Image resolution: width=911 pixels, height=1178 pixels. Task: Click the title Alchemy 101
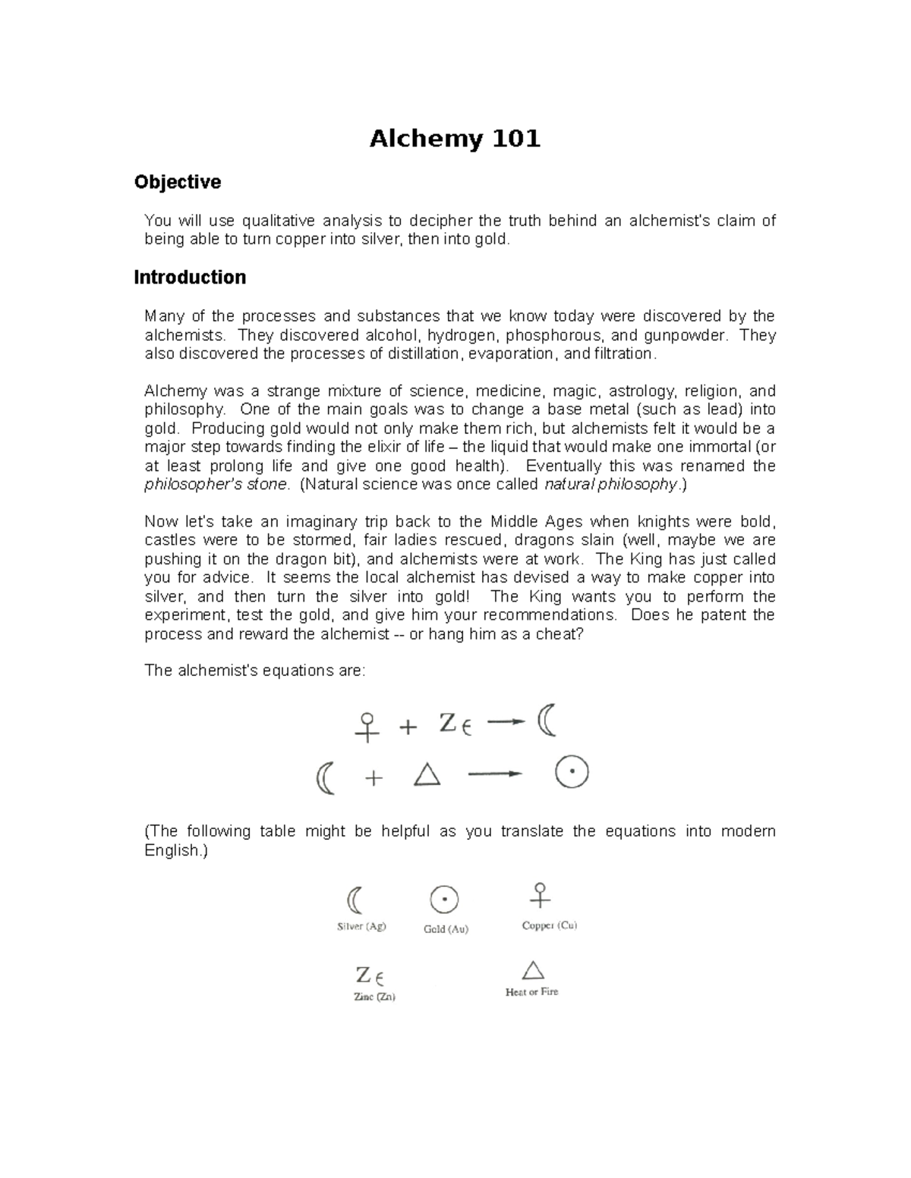click(x=455, y=139)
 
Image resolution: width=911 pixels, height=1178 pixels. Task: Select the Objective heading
click(x=177, y=182)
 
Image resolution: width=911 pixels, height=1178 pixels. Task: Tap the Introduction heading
click(x=190, y=278)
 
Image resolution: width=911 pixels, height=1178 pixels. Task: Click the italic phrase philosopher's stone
click(x=217, y=484)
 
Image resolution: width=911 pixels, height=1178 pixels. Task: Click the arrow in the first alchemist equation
click(x=506, y=721)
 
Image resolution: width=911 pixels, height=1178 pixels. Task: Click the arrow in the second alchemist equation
click(x=495, y=774)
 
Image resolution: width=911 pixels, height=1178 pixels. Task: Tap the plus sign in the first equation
click(x=408, y=727)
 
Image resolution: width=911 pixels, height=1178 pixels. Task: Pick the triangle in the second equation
click(x=427, y=774)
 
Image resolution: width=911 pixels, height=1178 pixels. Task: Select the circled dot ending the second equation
click(x=571, y=773)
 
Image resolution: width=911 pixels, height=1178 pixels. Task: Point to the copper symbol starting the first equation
click(x=367, y=726)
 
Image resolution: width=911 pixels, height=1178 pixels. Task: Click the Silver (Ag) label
click(x=361, y=926)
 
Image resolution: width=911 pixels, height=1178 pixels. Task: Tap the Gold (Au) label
click(x=446, y=928)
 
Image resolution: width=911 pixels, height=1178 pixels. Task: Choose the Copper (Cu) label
click(x=550, y=925)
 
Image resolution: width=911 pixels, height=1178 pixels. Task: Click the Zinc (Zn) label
click(x=374, y=997)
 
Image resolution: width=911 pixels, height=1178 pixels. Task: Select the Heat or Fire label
click(x=531, y=991)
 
